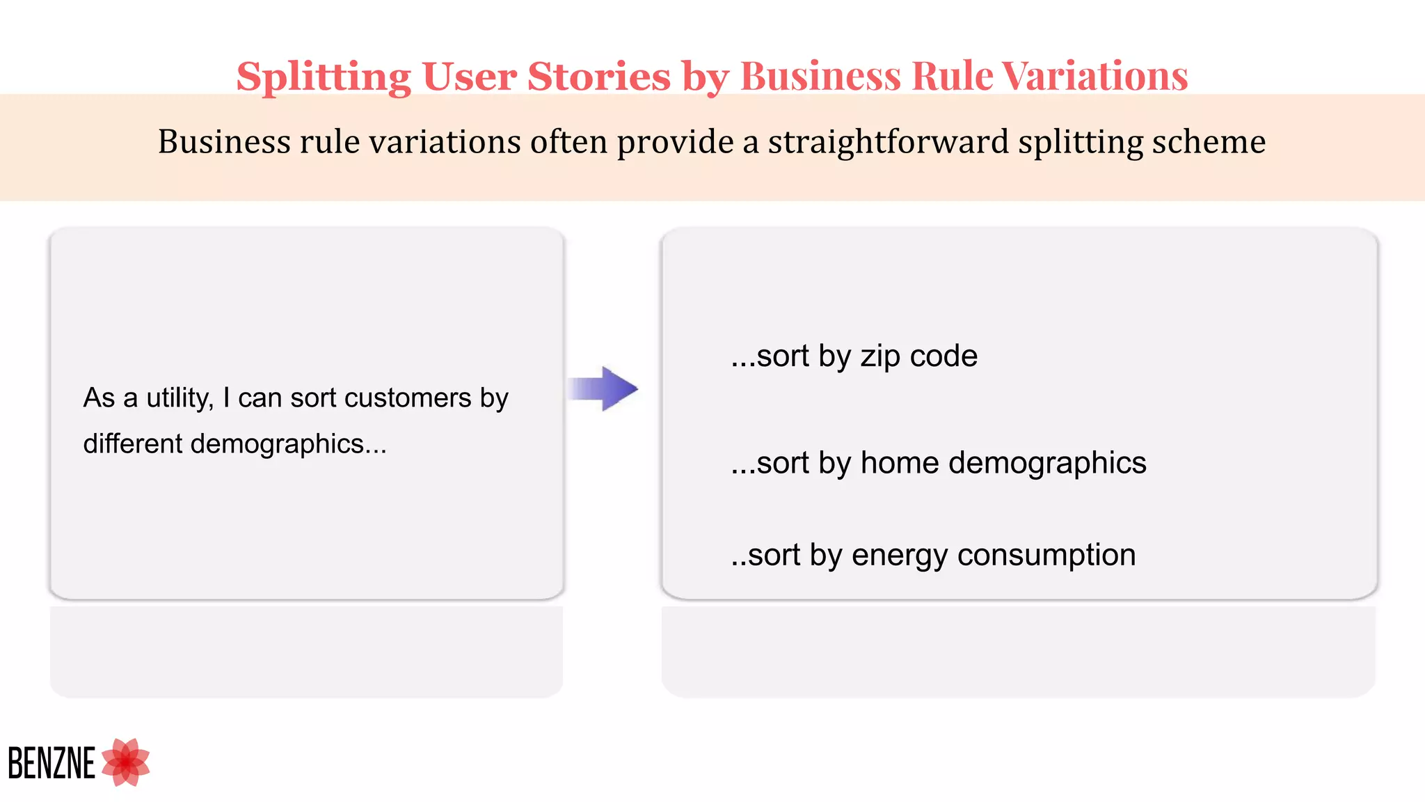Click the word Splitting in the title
click(324, 77)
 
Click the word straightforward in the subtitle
click(888, 142)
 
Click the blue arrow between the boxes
click(603, 388)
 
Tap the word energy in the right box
click(899, 556)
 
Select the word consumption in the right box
click(1046, 556)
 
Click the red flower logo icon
click(126, 762)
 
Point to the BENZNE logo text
click(51, 764)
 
